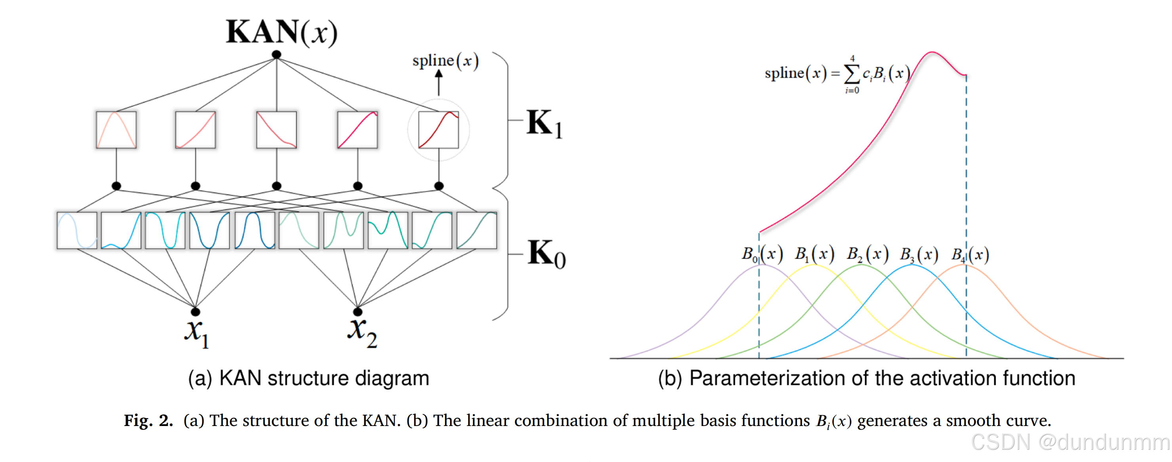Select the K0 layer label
click(546, 253)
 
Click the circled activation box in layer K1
click(438, 130)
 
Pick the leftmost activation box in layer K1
click(116, 130)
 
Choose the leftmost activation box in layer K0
click(77, 230)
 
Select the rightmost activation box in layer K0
click(476, 230)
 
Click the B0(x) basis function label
click(762, 254)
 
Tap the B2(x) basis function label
click(867, 254)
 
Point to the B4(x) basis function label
click(970, 254)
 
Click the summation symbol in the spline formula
click(852, 74)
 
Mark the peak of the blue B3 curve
click(912, 265)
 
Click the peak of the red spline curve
click(932, 53)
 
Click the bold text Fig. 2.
click(148, 420)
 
